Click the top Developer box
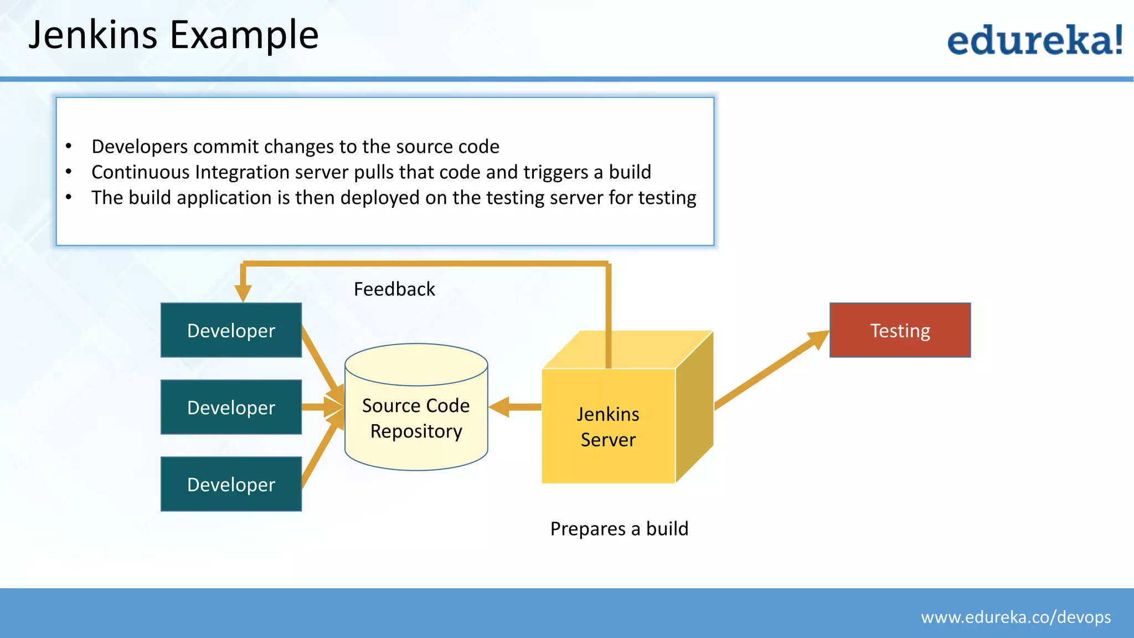[x=231, y=330]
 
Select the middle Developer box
[x=231, y=407]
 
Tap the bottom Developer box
[x=231, y=484]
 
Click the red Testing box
[x=900, y=330]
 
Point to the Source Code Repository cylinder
[x=416, y=418]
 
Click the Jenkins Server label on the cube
[x=608, y=426]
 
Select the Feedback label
[x=394, y=289]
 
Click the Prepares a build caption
[x=619, y=528]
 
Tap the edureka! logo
[x=1034, y=40]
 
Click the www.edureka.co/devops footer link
[x=1016, y=617]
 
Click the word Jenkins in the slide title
[x=93, y=35]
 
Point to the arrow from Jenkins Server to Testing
[x=770, y=371]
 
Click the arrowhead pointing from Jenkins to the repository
[x=500, y=407]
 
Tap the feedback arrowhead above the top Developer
[x=243, y=292]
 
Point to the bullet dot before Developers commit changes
[x=69, y=147]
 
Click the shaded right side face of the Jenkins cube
[x=694, y=407]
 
